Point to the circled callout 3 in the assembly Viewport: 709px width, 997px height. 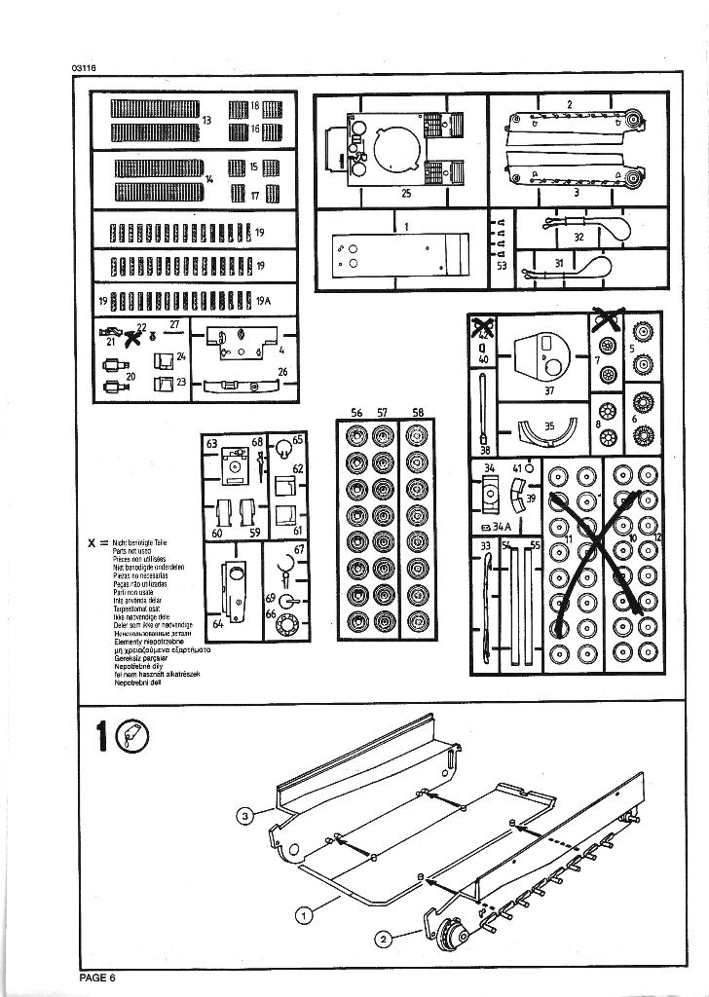[x=247, y=815]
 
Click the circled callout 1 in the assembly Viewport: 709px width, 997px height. [x=305, y=914]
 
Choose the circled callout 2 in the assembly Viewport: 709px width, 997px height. [x=384, y=939]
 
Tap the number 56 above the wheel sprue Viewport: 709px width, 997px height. [x=355, y=413]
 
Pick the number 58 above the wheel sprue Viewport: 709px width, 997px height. [x=418, y=413]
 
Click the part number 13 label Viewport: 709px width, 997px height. [x=206, y=120]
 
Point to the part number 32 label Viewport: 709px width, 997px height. [x=578, y=237]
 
